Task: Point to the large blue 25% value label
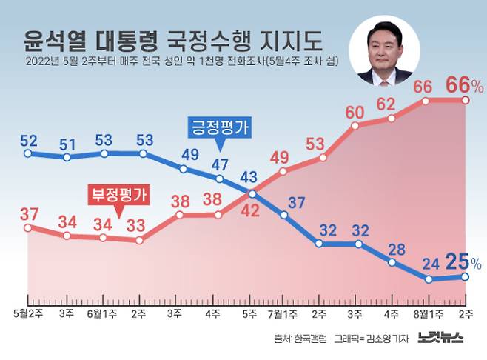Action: click(462, 261)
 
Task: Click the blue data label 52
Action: click(29, 139)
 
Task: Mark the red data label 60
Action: click(355, 112)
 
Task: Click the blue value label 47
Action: click(220, 164)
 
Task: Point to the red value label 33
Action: click(135, 224)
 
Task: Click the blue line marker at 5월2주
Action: click(28, 153)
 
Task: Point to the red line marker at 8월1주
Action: click(429, 101)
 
